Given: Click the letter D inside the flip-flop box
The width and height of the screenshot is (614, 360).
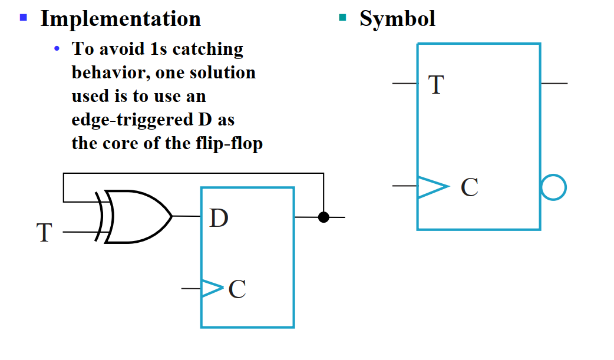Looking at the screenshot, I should (x=219, y=219).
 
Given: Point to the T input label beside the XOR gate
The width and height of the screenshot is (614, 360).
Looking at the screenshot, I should (x=44, y=233).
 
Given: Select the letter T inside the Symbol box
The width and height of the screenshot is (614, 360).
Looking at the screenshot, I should (x=435, y=85).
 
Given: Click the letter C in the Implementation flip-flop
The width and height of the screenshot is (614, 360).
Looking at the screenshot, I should (x=237, y=289).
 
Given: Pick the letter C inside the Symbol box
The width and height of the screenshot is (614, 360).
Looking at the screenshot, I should (x=469, y=187).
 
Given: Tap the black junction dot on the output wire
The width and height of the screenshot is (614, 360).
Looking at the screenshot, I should (x=323, y=217).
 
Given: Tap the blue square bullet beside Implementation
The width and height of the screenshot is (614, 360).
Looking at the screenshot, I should (x=24, y=17).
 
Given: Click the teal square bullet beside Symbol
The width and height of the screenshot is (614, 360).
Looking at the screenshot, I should (x=342, y=17).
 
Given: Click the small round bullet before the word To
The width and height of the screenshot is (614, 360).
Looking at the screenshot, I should (x=57, y=49).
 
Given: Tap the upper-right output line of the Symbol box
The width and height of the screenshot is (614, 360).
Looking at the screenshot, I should (x=554, y=84).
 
